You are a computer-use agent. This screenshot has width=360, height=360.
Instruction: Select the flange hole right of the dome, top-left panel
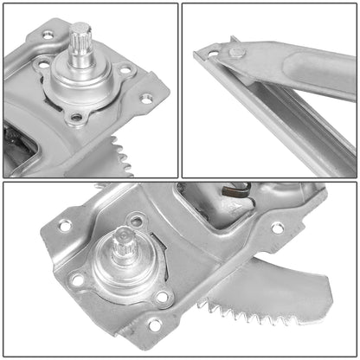point(125,68)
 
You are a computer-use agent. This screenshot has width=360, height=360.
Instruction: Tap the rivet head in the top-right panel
point(235,54)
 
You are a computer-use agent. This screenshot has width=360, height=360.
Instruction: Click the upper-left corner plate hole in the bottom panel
point(65,226)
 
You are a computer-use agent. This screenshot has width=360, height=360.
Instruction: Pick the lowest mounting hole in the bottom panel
point(154,325)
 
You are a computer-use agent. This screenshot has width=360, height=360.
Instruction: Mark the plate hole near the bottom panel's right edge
point(277,228)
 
